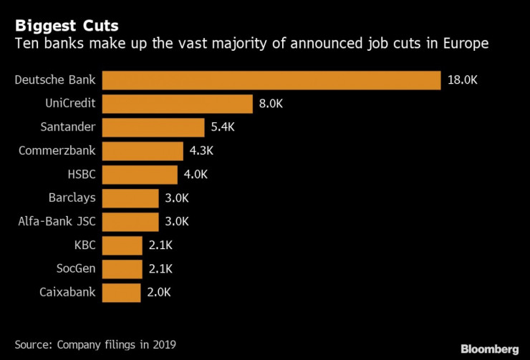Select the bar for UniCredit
click(x=177, y=104)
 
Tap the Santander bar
click(x=153, y=127)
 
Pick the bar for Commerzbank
click(x=143, y=151)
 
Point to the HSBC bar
click(x=140, y=175)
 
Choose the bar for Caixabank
click(x=121, y=292)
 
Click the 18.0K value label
click(x=462, y=80)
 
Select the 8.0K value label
click(x=271, y=104)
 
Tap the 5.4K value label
click(x=223, y=127)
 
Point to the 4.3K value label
click(x=202, y=151)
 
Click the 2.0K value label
click(x=159, y=292)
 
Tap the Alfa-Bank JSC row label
click(x=59, y=221)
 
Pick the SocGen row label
click(x=76, y=268)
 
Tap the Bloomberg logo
click(x=489, y=349)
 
